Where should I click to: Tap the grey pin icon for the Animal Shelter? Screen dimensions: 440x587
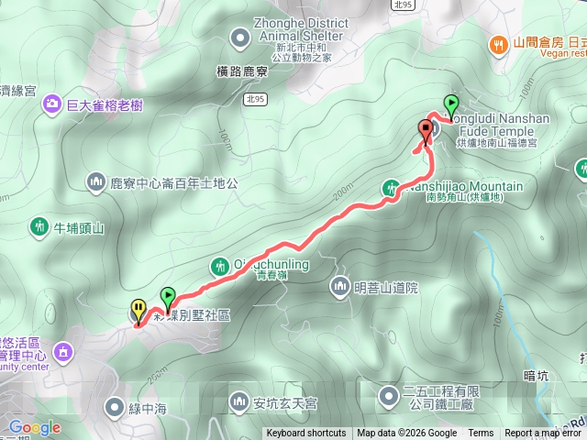click(240, 38)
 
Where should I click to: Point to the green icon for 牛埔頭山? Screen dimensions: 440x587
click(39, 225)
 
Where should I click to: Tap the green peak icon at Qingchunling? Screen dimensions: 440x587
click(219, 266)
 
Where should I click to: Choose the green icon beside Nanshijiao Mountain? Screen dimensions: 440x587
click(392, 189)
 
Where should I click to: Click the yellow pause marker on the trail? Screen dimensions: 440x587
click(138, 309)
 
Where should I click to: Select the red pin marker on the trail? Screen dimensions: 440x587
click(425, 129)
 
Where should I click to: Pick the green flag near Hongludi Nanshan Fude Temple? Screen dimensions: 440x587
click(451, 104)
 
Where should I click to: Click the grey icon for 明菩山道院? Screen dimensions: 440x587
click(340, 287)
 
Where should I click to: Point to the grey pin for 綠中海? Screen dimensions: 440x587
click(115, 404)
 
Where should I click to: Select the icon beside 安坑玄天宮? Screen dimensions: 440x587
click(239, 401)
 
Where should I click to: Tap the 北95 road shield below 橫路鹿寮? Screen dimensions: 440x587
click(258, 99)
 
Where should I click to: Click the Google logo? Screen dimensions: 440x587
click(34, 427)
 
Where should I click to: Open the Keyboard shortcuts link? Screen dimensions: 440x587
click(306, 434)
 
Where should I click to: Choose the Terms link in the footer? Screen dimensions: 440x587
click(481, 434)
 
